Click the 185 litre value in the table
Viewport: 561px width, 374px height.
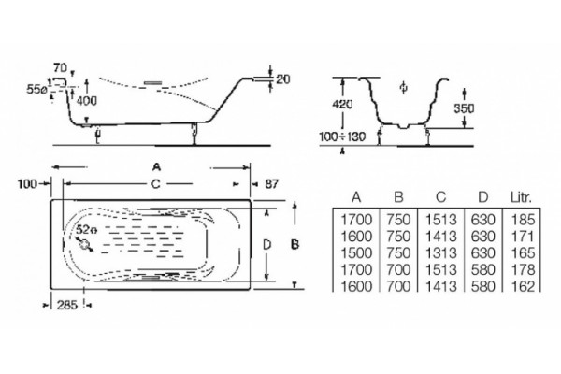523,220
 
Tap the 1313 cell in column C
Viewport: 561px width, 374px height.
440,253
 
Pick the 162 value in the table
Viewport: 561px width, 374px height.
523,286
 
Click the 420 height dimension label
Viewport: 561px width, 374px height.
342,104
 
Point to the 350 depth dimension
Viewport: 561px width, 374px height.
464,108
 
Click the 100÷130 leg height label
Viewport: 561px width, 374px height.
342,137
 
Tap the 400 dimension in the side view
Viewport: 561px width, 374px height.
87,101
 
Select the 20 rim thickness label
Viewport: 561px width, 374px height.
283,79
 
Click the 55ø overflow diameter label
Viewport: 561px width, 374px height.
36,90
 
